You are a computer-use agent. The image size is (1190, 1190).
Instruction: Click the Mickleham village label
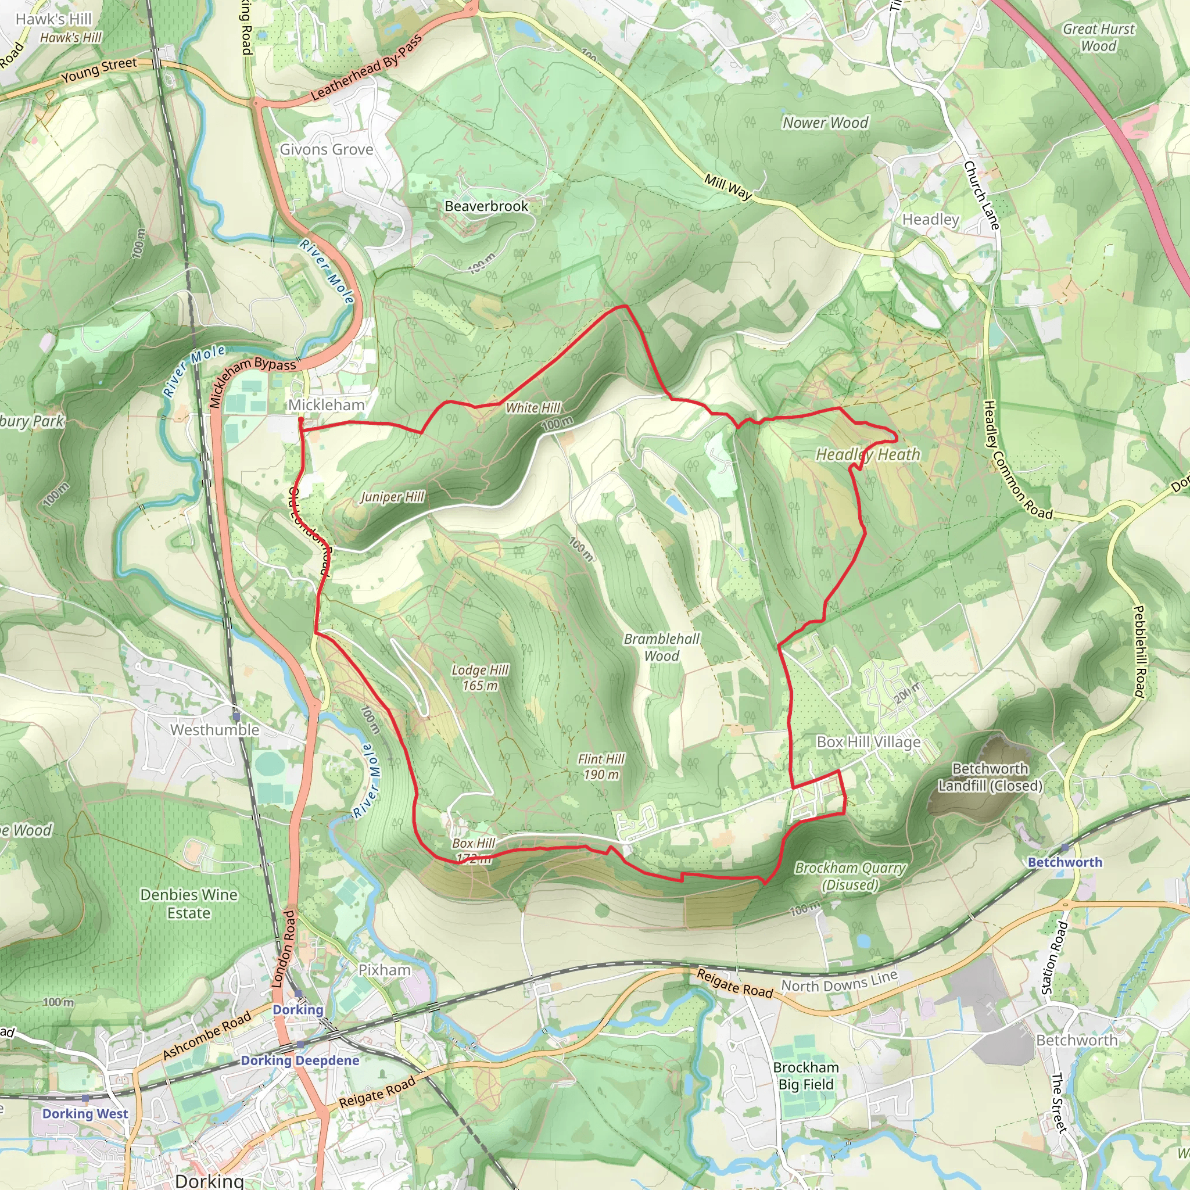click(327, 404)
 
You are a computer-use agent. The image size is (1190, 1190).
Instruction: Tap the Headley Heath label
click(868, 454)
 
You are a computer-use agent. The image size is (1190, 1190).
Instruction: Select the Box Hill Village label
click(869, 741)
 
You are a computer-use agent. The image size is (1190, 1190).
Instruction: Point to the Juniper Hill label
click(392, 496)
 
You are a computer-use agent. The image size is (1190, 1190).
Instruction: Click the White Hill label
click(533, 408)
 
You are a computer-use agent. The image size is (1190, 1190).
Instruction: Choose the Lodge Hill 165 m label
click(480, 678)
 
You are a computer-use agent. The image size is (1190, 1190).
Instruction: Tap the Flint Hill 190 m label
click(601, 767)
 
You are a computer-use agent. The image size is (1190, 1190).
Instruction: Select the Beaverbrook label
click(486, 206)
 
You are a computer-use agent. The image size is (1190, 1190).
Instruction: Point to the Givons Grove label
click(327, 150)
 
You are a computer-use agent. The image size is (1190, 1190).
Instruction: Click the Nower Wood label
click(825, 123)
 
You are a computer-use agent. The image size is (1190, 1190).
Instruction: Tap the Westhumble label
click(215, 730)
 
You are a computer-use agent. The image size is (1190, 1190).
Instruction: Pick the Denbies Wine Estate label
click(188, 904)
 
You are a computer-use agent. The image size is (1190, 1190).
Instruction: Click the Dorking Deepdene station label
click(300, 1060)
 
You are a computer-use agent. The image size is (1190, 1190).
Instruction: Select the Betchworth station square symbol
click(1065, 848)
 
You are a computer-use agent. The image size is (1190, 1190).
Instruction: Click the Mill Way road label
click(729, 187)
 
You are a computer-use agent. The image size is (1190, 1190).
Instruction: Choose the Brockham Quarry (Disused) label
click(850, 876)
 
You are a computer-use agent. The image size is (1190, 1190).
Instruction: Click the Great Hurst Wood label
click(1098, 38)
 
